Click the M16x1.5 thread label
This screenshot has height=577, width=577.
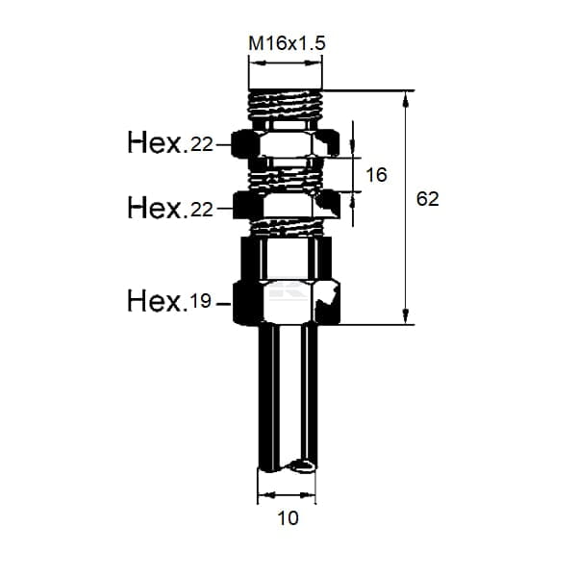287,44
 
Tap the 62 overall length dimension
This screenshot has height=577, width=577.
428,199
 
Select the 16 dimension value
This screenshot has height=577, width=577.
376,175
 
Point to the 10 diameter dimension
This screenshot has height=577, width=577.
288,518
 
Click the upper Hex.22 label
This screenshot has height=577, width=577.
170,142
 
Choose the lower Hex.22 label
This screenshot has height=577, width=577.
170,208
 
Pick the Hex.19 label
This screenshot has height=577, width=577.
169,301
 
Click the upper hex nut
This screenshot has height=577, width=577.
287,143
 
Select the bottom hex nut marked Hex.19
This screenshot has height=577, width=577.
287,303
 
